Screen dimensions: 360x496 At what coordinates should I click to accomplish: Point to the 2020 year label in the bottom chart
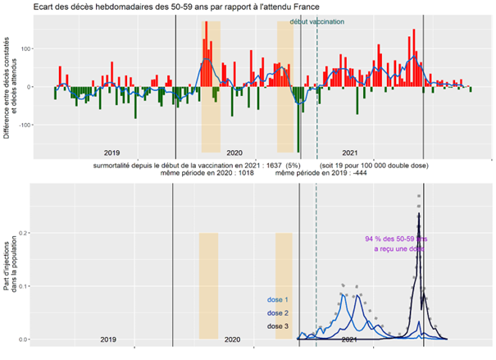232,339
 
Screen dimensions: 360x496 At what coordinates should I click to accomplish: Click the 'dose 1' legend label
279,299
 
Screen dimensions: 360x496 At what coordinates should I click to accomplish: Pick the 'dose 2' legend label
279,312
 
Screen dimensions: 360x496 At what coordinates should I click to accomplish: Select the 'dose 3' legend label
279,326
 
